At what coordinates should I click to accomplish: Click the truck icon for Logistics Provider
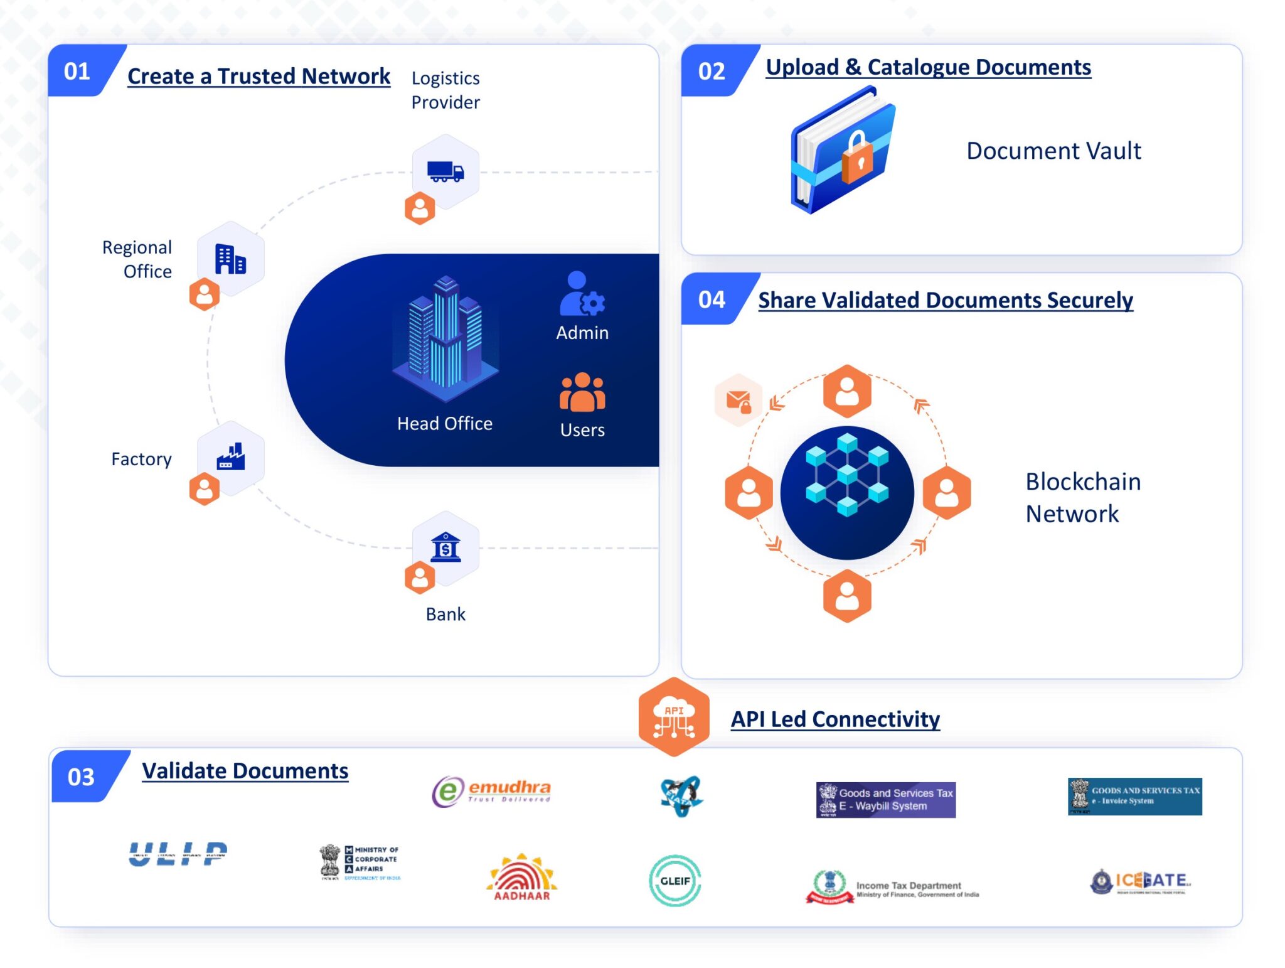[x=445, y=171]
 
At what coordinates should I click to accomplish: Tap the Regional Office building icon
[x=230, y=259]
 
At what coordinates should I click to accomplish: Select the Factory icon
[x=230, y=457]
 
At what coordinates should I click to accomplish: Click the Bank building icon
[x=445, y=547]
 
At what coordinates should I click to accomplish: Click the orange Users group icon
[x=582, y=393]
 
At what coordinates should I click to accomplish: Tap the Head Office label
[x=444, y=424]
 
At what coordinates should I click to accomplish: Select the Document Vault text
[x=1053, y=151]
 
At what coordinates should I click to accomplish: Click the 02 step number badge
[x=711, y=71]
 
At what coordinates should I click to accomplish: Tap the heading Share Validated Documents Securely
[x=945, y=300]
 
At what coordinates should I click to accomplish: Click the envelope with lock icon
[x=738, y=401]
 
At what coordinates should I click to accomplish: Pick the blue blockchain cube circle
[x=846, y=492]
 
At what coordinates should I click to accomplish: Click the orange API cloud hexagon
[x=674, y=717]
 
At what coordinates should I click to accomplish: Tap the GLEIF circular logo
[x=674, y=880]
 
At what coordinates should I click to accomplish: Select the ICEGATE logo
[x=1140, y=881]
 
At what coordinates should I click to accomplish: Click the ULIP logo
[x=178, y=854]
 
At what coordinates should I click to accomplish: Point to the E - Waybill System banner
[x=885, y=800]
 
